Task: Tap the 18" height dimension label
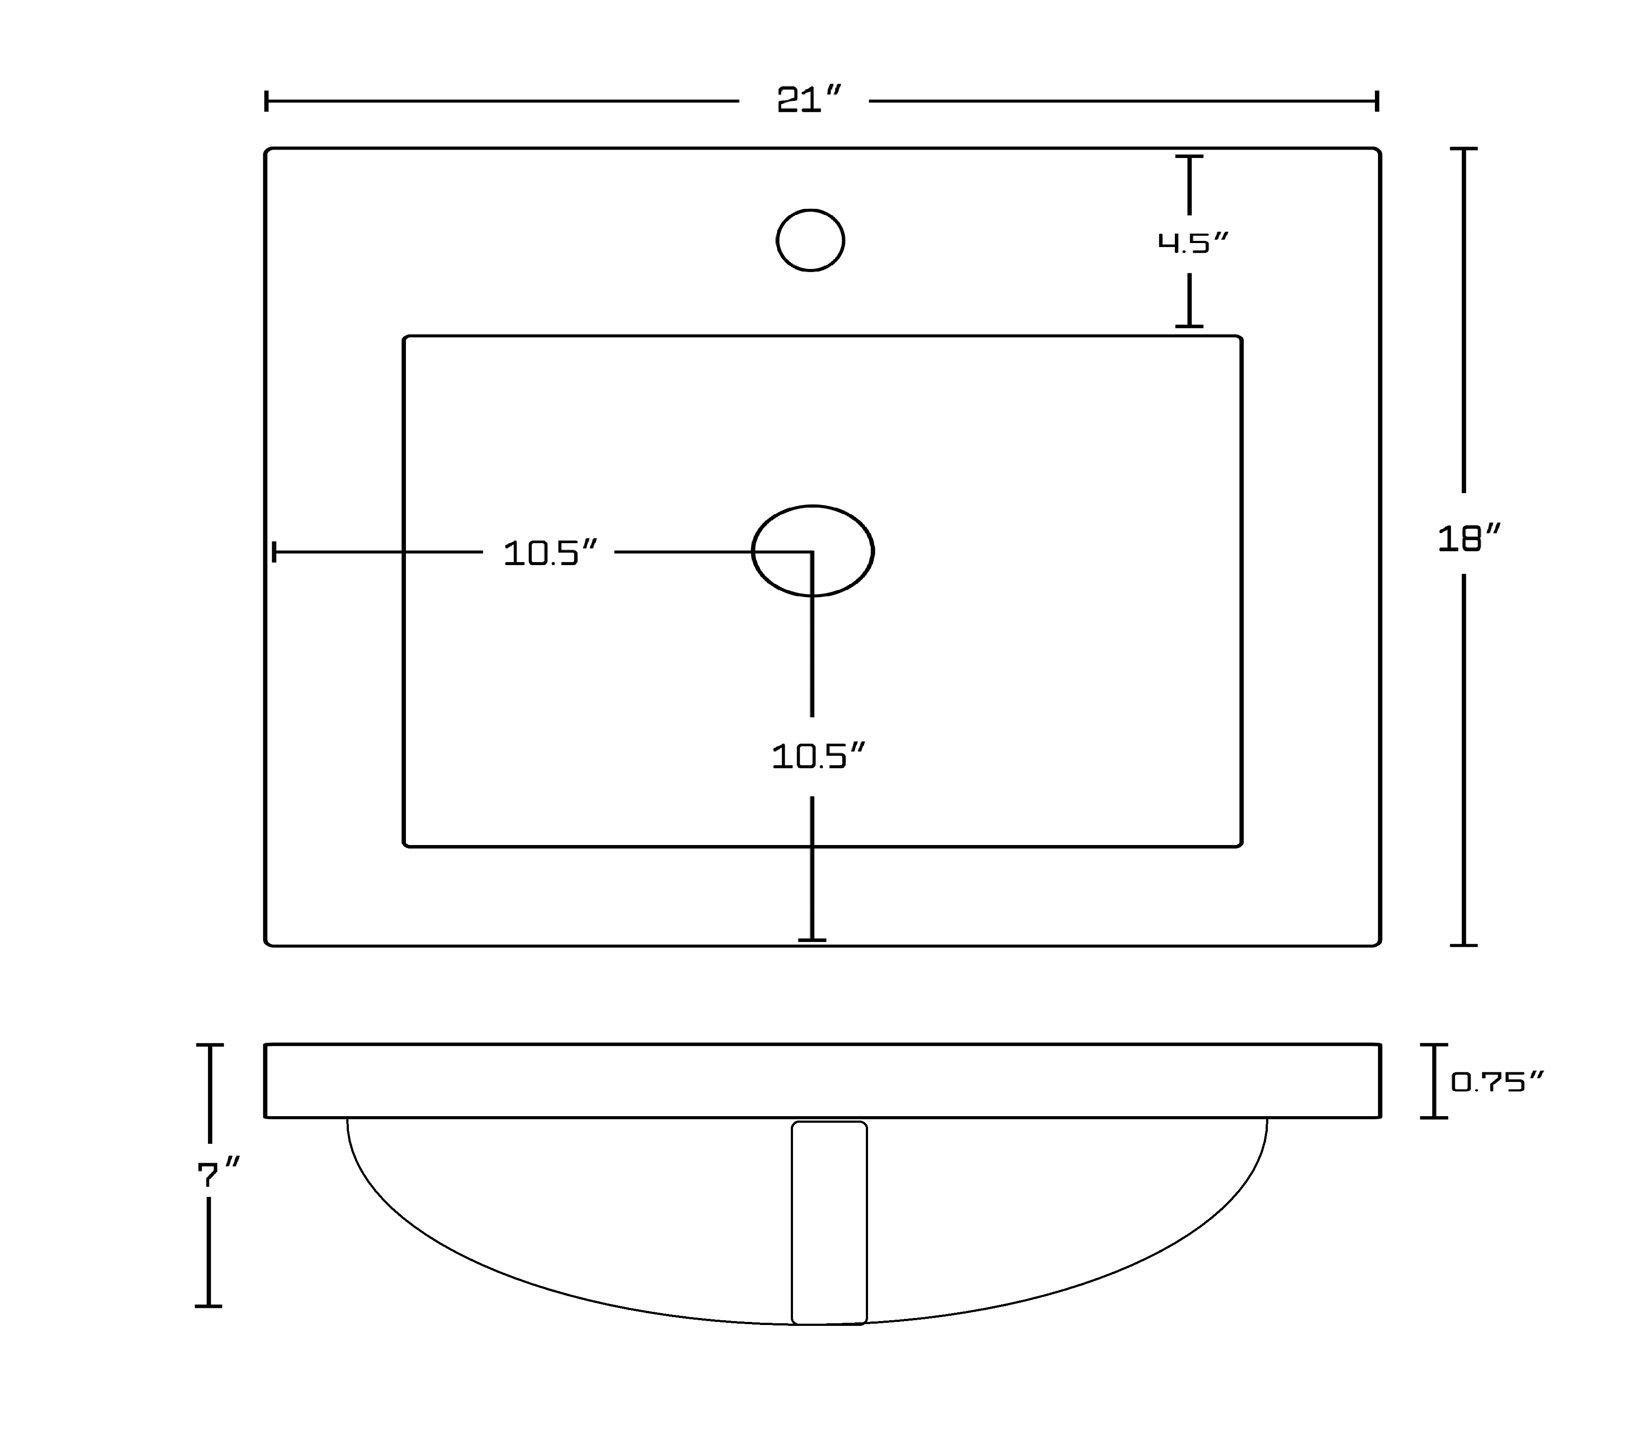(x=1468, y=538)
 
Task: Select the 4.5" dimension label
(x=1193, y=242)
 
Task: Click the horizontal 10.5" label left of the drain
(x=550, y=553)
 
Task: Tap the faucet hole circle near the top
(x=811, y=240)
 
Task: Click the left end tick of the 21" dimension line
(x=266, y=101)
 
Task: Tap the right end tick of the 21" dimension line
(x=1377, y=101)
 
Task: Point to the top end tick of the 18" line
(x=1464, y=149)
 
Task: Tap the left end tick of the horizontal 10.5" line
(x=274, y=552)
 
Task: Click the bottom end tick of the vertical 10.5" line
(x=812, y=939)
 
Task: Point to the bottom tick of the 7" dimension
(x=208, y=1306)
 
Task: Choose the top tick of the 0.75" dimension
(x=1434, y=1045)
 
